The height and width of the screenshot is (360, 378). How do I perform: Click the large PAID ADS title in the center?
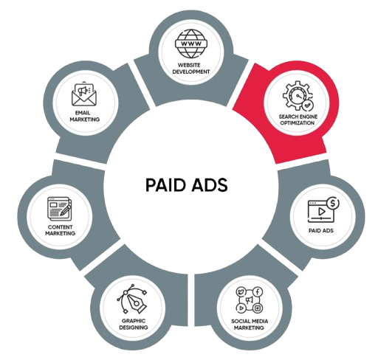187,184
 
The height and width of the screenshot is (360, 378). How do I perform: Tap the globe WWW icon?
191,44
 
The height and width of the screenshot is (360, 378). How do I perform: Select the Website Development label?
191,69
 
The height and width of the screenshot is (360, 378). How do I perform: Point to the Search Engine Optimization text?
298,120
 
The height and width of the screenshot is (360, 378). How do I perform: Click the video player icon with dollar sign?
323,210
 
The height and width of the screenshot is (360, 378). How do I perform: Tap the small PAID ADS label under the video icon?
321,231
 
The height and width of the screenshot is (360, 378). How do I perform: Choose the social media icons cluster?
250,300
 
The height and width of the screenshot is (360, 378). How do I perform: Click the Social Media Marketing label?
250,325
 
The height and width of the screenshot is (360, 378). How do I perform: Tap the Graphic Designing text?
134,324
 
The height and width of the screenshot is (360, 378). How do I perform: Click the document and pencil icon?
60,209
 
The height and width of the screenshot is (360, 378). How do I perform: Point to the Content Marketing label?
61,230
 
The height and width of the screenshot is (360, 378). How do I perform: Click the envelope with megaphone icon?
84,94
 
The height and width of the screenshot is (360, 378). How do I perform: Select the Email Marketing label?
84,116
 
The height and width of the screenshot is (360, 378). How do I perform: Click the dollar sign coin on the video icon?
333,203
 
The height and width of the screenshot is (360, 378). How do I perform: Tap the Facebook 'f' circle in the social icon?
258,292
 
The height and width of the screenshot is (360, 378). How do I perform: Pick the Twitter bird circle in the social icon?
241,292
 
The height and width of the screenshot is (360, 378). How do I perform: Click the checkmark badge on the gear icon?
307,105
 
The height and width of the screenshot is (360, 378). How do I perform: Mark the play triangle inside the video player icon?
321,211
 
